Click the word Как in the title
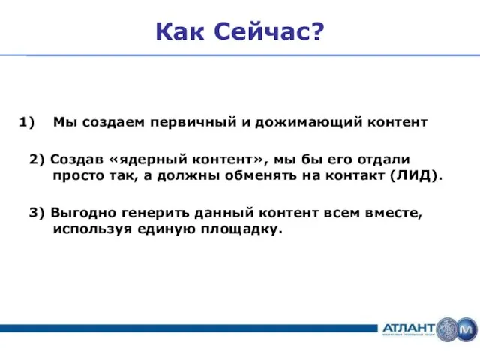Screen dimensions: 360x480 [181, 31]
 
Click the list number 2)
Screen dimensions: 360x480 [37, 160]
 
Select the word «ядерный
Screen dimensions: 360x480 [145, 160]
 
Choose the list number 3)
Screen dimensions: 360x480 [37, 212]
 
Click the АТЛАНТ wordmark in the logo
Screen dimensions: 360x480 [408, 328]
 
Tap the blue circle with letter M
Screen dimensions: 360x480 [466, 328]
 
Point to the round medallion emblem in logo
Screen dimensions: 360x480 [448, 328]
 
